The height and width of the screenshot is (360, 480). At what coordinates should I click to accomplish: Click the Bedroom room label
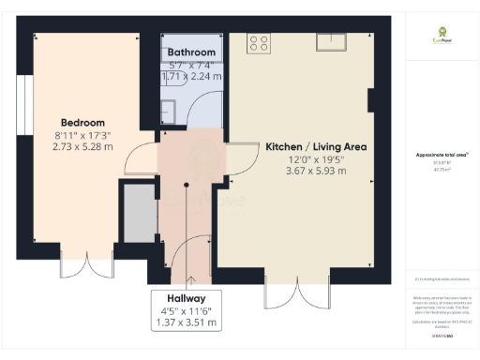click(82, 123)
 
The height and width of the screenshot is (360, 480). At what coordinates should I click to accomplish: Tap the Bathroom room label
click(191, 52)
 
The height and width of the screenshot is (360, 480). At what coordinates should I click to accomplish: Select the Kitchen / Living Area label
click(315, 147)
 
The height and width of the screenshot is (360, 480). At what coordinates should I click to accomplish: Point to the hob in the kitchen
click(259, 43)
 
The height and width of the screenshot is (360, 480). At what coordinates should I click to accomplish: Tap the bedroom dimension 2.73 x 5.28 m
click(82, 146)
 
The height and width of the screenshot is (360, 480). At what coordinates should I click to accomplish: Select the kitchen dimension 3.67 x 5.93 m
click(315, 172)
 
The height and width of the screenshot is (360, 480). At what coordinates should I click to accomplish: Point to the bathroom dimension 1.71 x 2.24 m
click(191, 77)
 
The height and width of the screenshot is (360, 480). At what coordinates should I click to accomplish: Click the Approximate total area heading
click(441, 155)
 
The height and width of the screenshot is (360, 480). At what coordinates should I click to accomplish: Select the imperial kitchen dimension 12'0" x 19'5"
click(315, 159)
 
